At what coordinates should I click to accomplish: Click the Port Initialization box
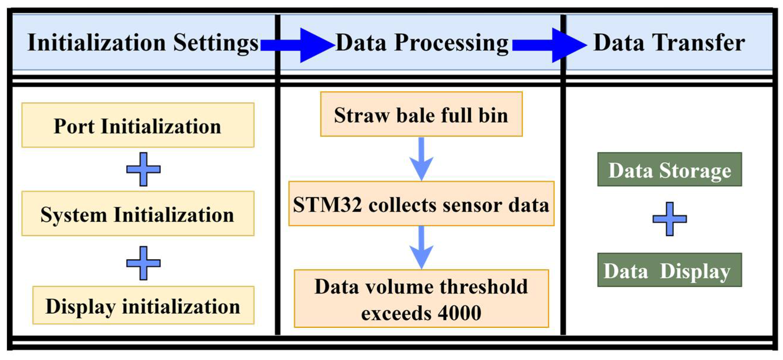(138, 125)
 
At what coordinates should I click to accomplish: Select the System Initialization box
(138, 213)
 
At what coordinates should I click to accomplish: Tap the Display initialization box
(143, 305)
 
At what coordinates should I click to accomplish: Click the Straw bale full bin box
(421, 114)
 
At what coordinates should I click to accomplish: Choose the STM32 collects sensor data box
(421, 203)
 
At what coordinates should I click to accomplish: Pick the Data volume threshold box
(421, 298)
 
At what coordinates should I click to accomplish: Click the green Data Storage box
(669, 169)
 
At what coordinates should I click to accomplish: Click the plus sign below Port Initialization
(143, 169)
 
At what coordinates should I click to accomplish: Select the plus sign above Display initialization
(143, 263)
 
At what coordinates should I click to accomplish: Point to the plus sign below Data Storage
(669, 219)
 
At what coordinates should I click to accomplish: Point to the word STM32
(327, 204)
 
